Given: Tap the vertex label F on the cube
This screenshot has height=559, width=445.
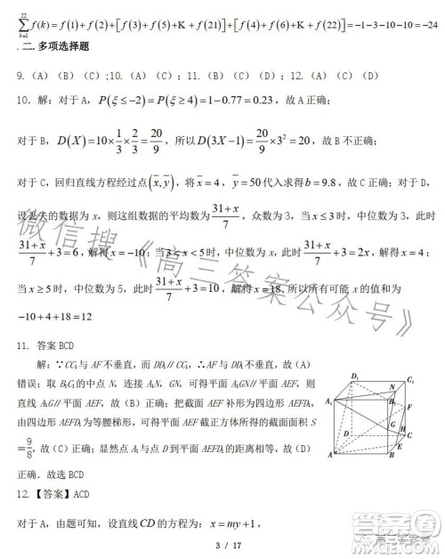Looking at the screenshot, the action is coord(421,407).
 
